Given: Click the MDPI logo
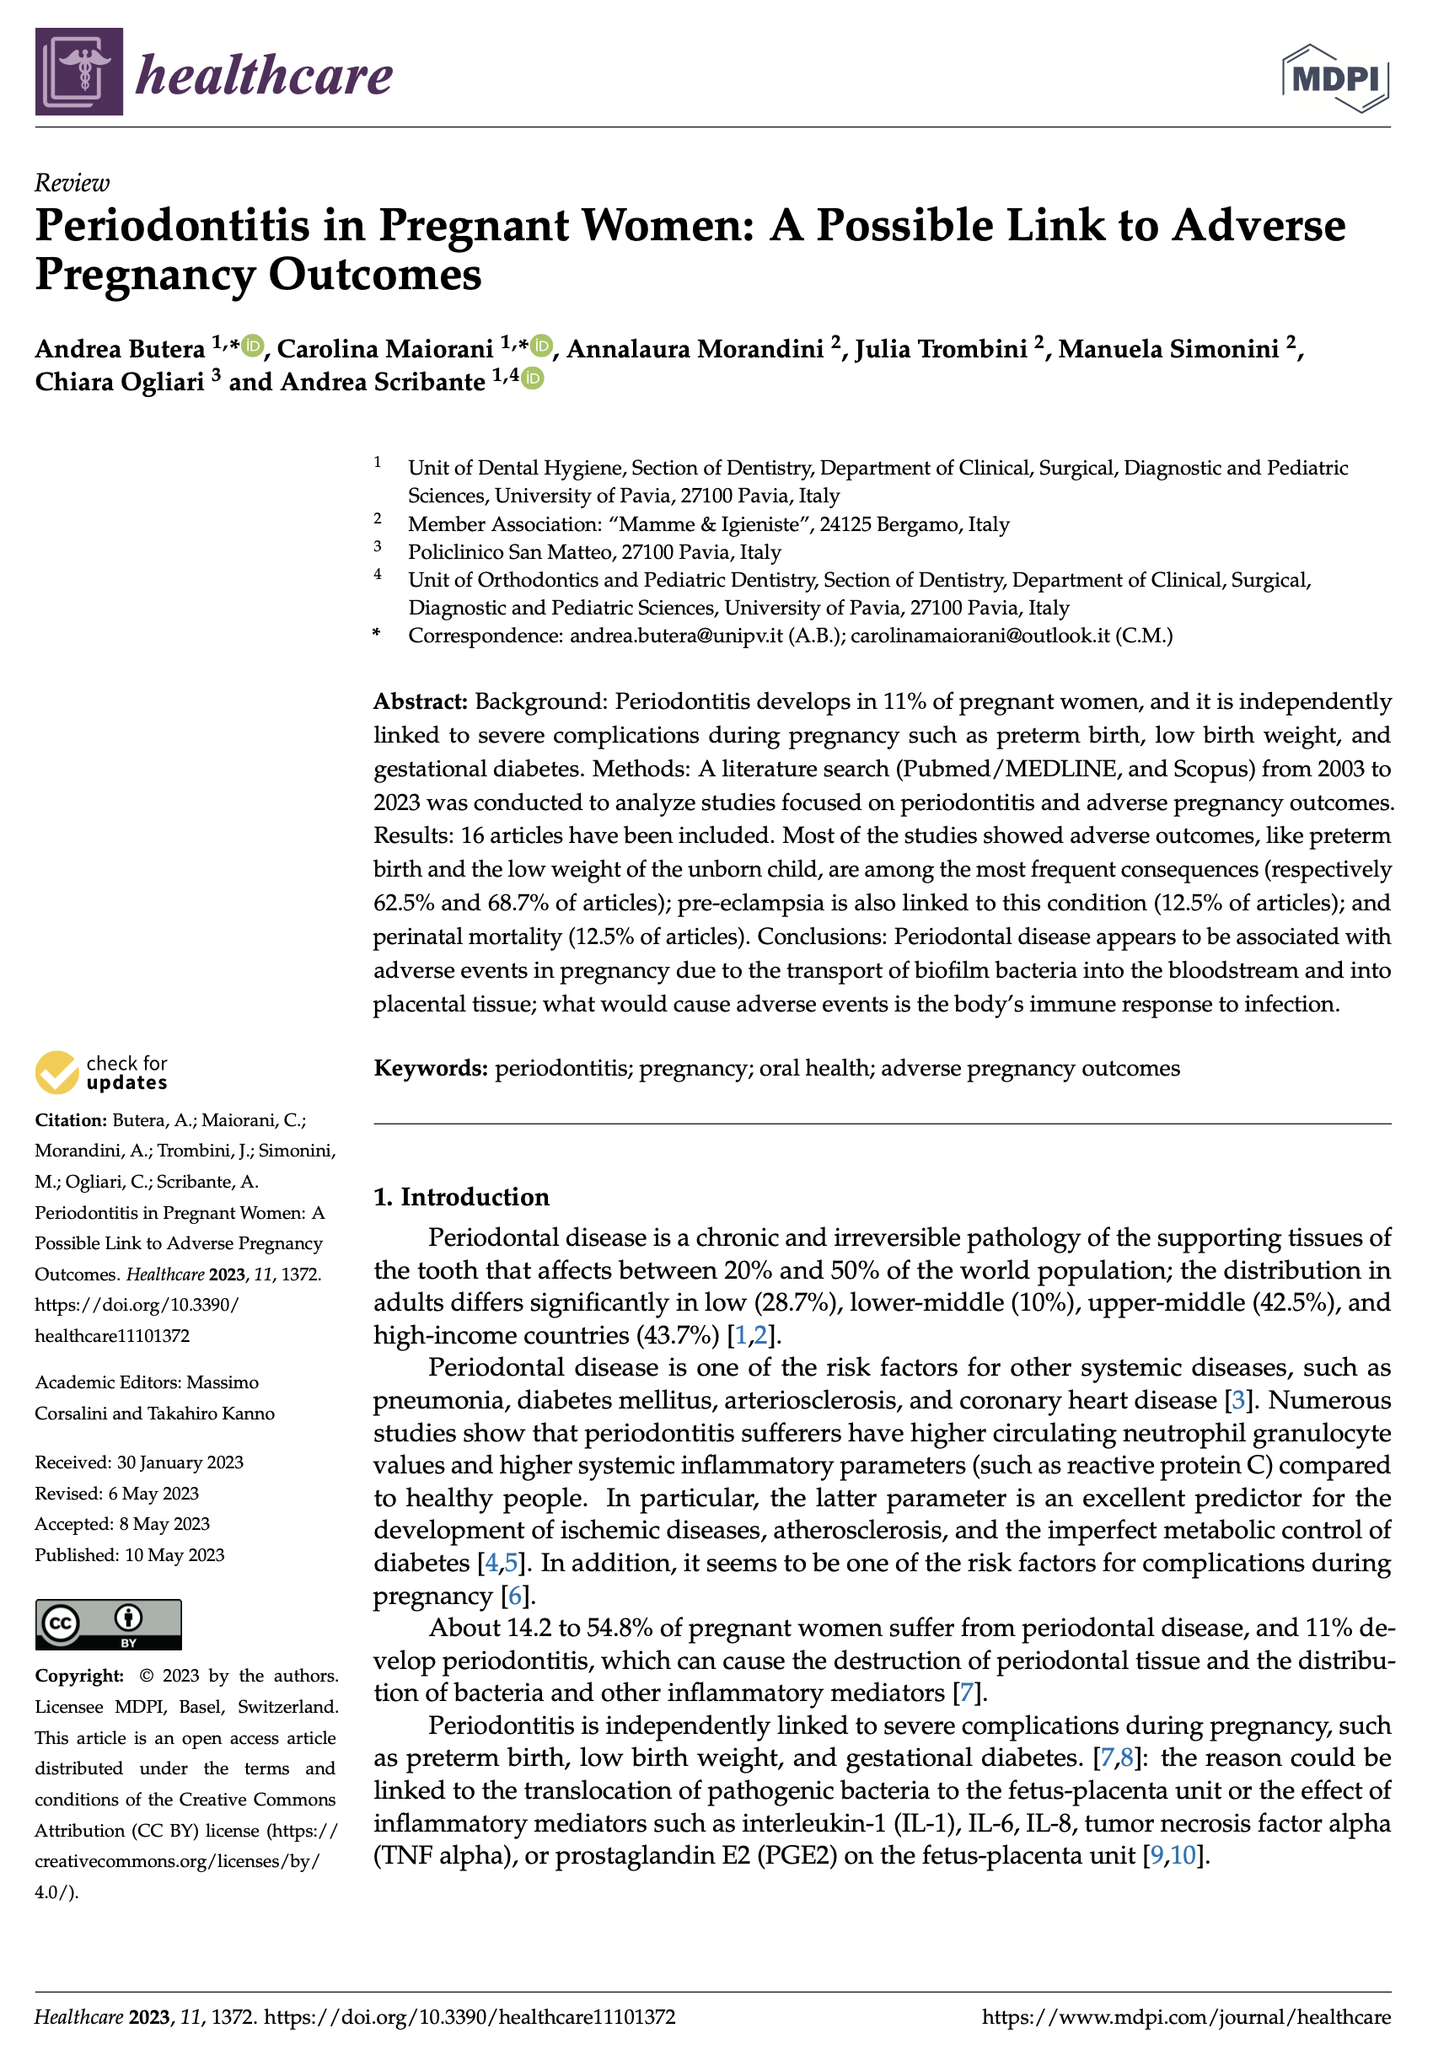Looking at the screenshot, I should (x=1335, y=78).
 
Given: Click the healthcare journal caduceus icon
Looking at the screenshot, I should (x=78, y=72).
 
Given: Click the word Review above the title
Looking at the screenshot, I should (x=72, y=183).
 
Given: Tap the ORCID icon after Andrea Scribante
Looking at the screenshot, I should (x=532, y=378).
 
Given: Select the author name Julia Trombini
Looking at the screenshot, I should (x=941, y=348).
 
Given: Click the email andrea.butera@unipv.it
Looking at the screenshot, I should (x=676, y=636).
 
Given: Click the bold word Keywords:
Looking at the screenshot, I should (x=431, y=1068).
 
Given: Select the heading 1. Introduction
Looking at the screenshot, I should (x=461, y=1197).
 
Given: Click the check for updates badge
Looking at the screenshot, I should (x=101, y=1072).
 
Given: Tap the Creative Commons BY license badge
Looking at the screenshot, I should (x=108, y=1623).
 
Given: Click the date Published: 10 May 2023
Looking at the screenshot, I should (x=130, y=1554).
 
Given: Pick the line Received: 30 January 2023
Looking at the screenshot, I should (x=139, y=1462).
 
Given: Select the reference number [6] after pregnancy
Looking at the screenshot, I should (x=515, y=1595).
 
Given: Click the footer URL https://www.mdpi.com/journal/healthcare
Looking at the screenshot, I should (x=1186, y=2016).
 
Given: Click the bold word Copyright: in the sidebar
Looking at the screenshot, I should (x=78, y=1676).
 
